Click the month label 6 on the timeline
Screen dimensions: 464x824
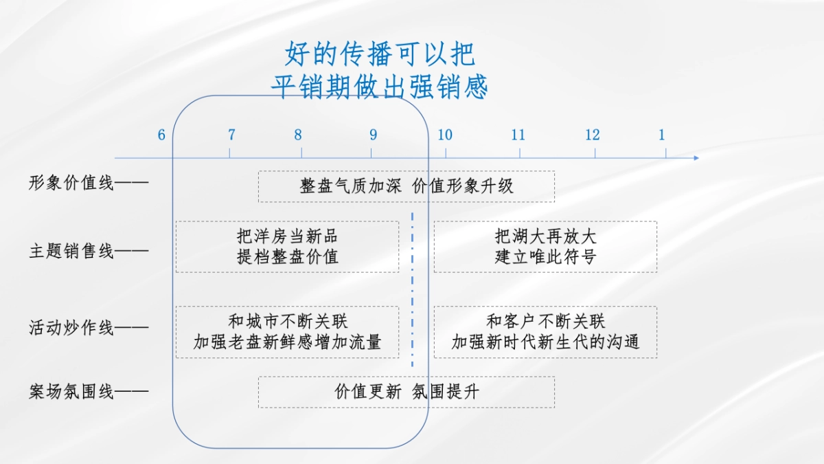[x=161, y=135]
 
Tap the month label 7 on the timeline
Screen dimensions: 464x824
[x=231, y=135]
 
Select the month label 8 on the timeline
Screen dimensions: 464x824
[x=298, y=135]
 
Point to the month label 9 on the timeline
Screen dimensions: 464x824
[x=373, y=135]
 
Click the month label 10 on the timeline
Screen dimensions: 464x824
[x=445, y=135]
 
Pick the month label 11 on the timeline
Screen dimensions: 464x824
[x=518, y=135]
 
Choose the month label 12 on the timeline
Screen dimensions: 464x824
[x=593, y=135]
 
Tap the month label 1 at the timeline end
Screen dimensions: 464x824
[x=662, y=135]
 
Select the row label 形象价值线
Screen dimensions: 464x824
[x=71, y=184]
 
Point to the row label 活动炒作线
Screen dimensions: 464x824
[x=71, y=328]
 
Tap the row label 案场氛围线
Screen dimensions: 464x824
[x=71, y=393]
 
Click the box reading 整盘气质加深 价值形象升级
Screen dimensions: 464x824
[x=407, y=186]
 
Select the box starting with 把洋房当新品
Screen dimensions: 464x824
[x=287, y=247]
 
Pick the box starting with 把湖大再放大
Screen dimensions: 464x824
[x=545, y=247]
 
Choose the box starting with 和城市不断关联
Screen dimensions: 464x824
[x=287, y=332]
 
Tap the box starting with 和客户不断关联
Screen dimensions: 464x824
[x=545, y=332]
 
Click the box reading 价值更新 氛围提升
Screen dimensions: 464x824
[x=407, y=392]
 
